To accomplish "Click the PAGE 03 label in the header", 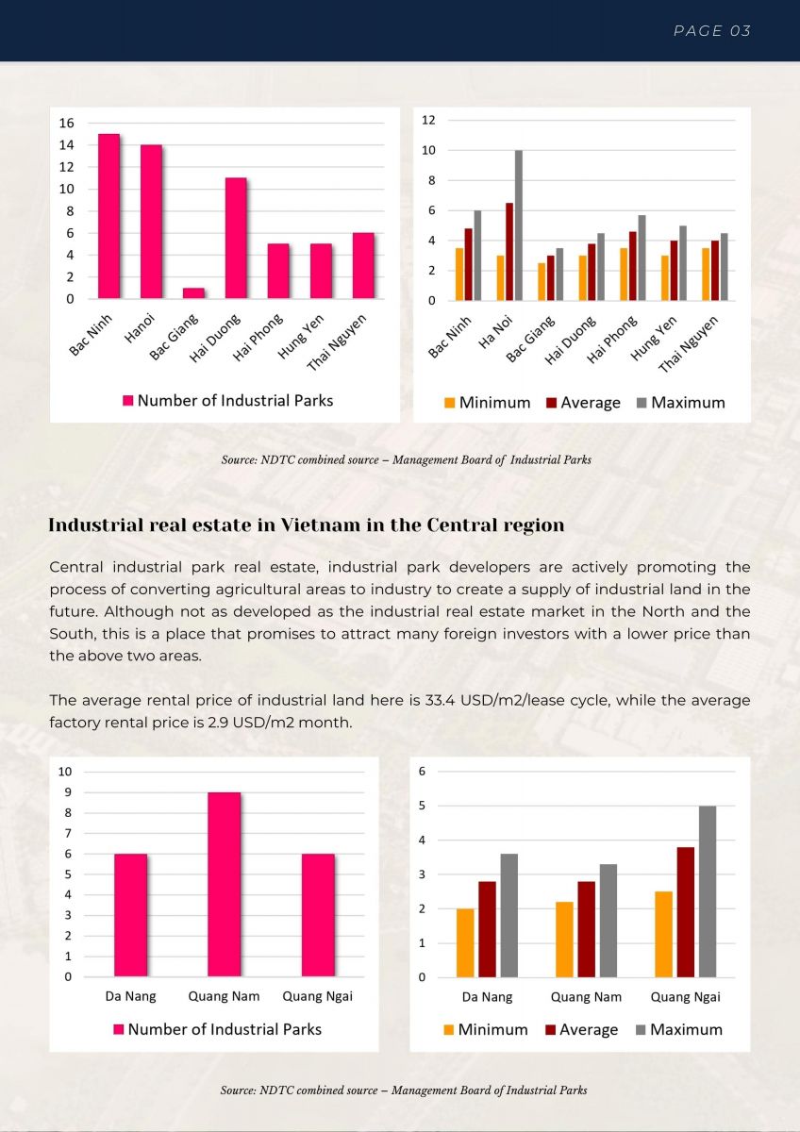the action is pos(712,31).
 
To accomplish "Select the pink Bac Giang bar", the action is pos(193,293).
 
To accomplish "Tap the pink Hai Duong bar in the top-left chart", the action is pos(236,238).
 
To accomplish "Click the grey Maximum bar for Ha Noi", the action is pos(519,225).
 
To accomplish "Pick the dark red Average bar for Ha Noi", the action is pos(509,252).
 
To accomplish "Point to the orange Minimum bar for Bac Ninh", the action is pos(459,275).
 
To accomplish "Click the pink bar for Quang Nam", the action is pos(224,885).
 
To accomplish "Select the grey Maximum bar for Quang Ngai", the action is pos(708,891).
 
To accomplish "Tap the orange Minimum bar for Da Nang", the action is pos(465,943).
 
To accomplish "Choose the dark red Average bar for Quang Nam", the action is pos(586,929).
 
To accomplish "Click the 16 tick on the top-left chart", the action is pos(66,123).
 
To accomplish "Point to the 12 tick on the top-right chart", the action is pos(428,120).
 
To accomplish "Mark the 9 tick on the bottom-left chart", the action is pos(68,792).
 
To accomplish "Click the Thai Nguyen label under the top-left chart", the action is pos(336,342).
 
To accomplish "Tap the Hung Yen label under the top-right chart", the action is pos(654,338).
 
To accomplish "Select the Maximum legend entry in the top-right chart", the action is pos(681,403).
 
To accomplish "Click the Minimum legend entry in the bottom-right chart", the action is pos(486,1030).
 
